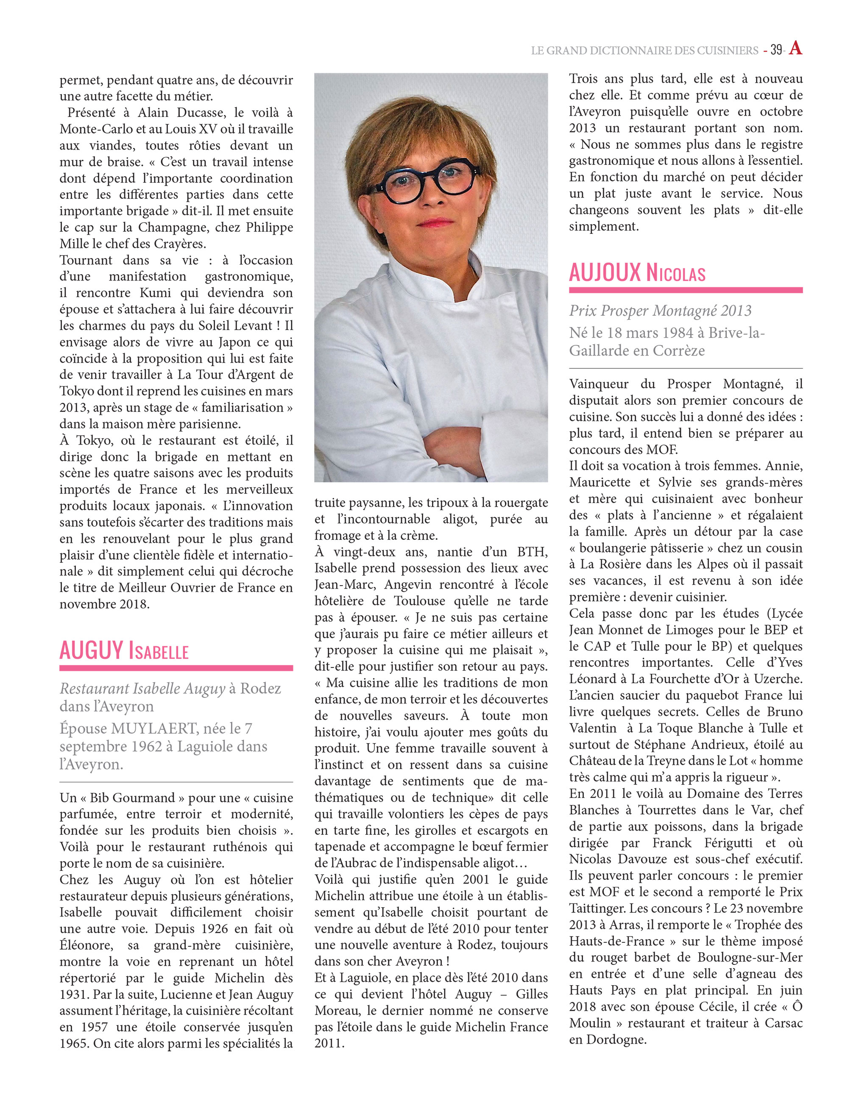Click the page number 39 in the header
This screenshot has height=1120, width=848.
click(x=776, y=50)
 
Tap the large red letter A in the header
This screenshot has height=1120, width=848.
click(x=796, y=48)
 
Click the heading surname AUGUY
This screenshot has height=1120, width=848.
click(x=91, y=650)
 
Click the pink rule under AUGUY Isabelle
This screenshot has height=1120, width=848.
click(x=176, y=668)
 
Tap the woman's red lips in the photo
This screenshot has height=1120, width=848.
click(x=434, y=222)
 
